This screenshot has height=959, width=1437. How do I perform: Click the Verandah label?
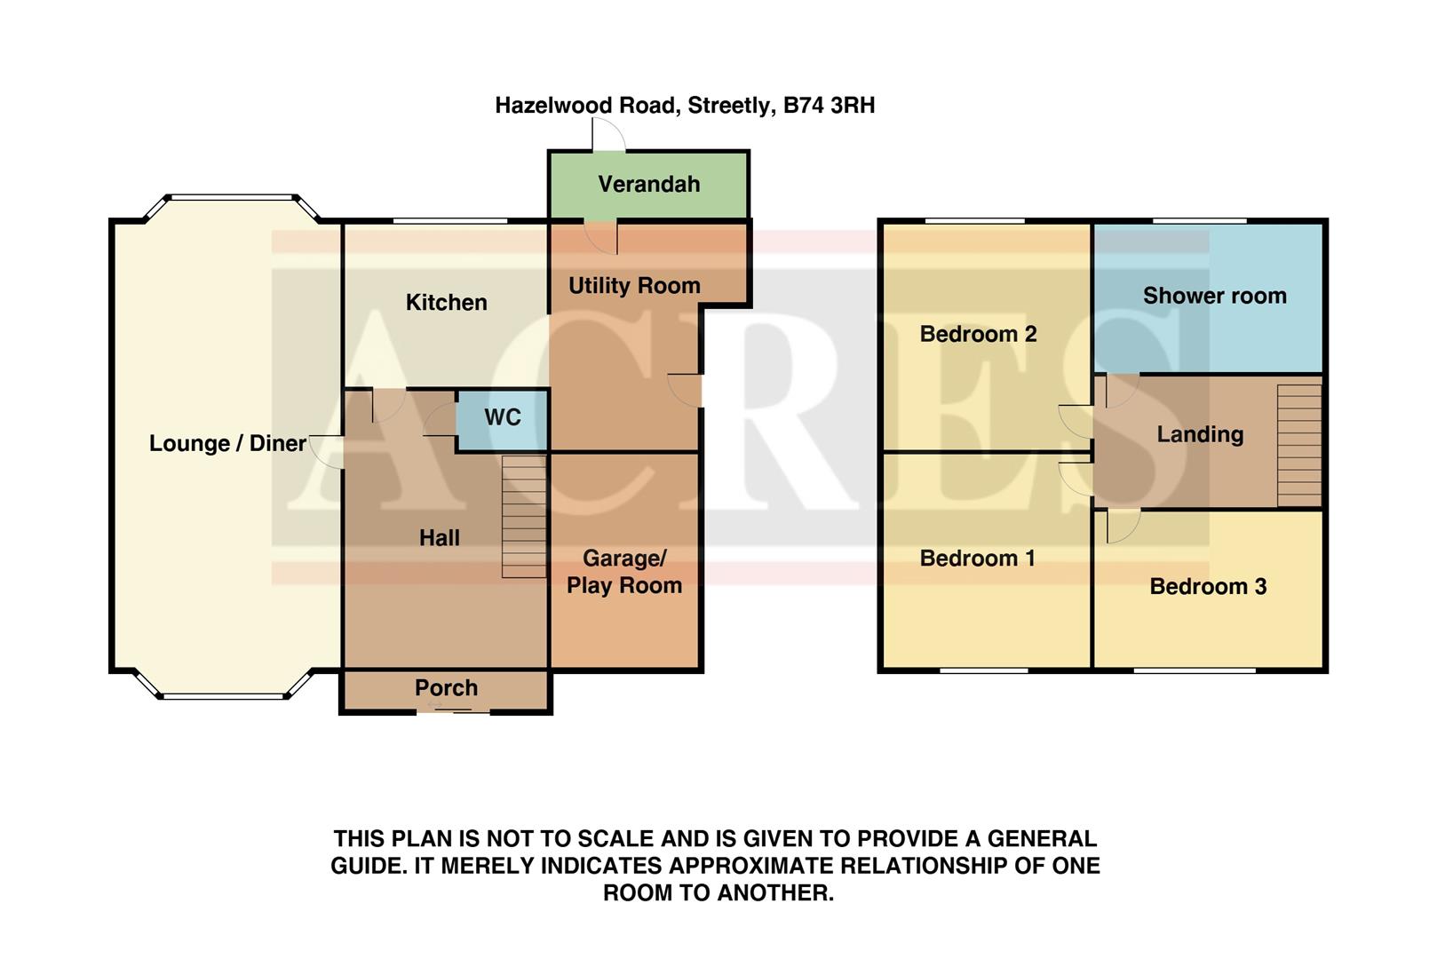[x=648, y=185]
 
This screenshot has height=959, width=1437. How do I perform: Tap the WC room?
[x=502, y=418]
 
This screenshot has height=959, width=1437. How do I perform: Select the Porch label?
[x=446, y=688]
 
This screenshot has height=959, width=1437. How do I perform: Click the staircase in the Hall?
[x=524, y=517]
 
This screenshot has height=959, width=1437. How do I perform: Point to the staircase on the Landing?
[x=1298, y=445]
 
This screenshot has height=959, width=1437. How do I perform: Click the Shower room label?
[x=1214, y=297]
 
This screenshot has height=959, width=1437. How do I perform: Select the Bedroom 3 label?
[x=1207, y=587]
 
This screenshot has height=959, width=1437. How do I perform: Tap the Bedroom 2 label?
[x=978, y=335]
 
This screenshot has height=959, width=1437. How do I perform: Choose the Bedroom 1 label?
[x=977, y=559]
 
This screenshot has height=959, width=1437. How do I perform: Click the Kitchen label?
[x=446, y=303]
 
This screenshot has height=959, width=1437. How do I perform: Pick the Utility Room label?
[x=634, y=286]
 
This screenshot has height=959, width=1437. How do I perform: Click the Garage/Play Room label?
[x=624, y=572]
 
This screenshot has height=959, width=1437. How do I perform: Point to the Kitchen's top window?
[x=450, y=220]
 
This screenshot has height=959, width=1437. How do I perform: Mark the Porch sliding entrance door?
[x=453, y=710]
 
